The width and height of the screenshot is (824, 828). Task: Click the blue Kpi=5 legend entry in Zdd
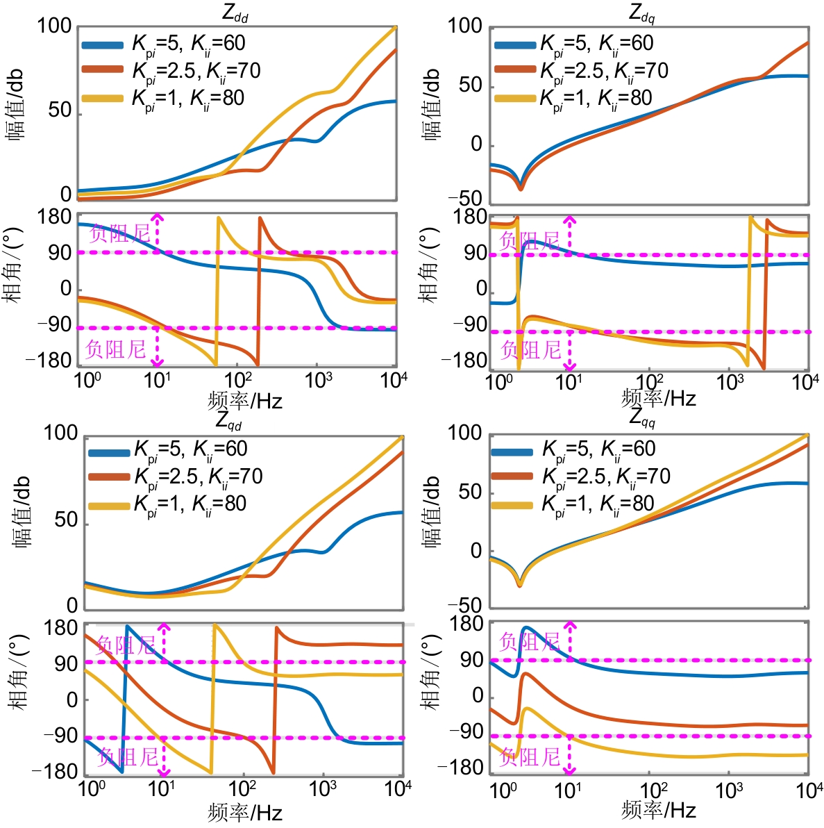pyautogui.click(x=164, y=44)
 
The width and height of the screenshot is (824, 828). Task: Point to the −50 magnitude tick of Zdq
pyautogui.click(x=465, y=199)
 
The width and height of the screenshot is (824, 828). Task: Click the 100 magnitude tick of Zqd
pyautogui.click(x=60, y=433)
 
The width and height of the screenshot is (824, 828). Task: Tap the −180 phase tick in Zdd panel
pyautogui.click(x=49, y=361)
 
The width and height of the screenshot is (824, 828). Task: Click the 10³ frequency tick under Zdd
pyautogui.click(x=319, y=379)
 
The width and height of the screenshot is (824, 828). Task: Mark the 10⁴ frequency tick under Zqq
pyautogui.click(x=809, y=790)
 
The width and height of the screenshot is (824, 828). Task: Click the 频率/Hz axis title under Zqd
pyautogui.click(x=245, y=811)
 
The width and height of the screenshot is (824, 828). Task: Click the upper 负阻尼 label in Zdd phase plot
pyautogui.click(x=119, y=233)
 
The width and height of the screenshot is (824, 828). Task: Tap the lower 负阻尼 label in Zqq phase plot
pyautogui.click(x=530, y=756)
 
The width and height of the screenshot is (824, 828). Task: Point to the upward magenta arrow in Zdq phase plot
pyautogui.click(x=570, y=232)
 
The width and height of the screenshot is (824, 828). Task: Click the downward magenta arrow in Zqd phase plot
pyautogui.click(x=164, y=757)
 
